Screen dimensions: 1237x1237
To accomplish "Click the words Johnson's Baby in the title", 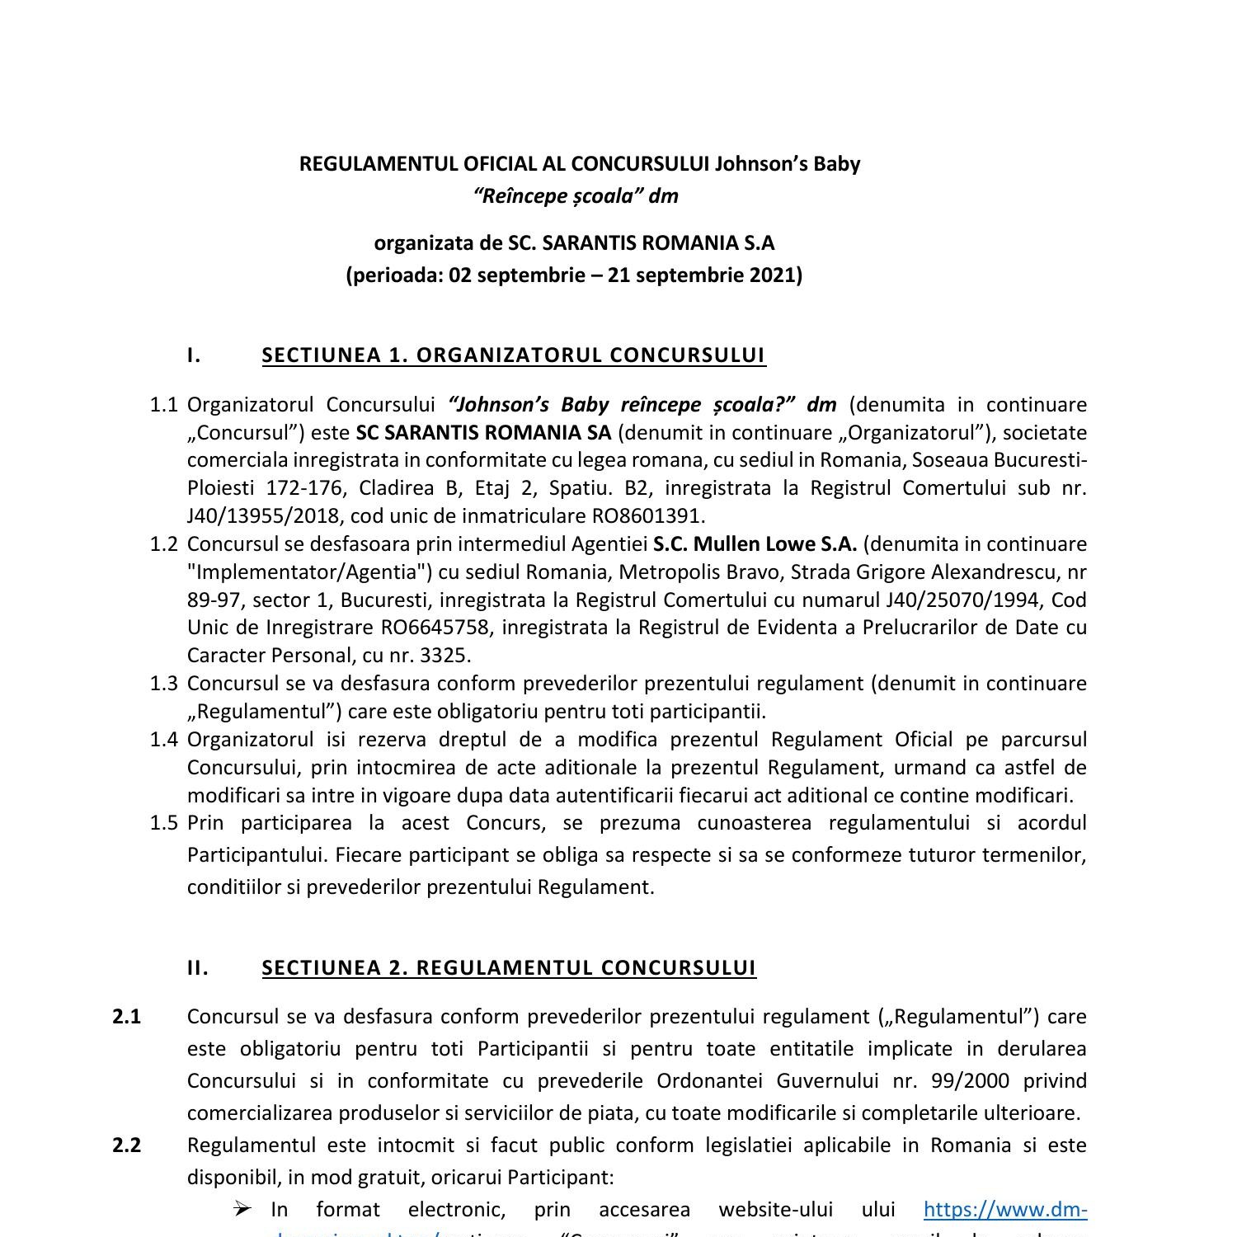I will click(787, 163).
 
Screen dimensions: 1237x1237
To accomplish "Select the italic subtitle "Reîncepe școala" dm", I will click(576, 195).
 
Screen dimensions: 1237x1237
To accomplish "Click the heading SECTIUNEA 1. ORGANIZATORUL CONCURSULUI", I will click(513, 355).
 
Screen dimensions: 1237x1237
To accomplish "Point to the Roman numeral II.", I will click(198, 968).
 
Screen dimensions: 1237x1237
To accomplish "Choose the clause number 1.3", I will click(164, 684).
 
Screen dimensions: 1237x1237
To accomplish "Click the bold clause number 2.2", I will click(127, 1145).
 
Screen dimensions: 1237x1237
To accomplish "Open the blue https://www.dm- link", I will click(1005, 1210).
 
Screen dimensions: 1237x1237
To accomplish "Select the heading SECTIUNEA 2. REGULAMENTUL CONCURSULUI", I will click(509, 968).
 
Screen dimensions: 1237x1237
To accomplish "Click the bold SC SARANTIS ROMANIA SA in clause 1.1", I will click(483, 433).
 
